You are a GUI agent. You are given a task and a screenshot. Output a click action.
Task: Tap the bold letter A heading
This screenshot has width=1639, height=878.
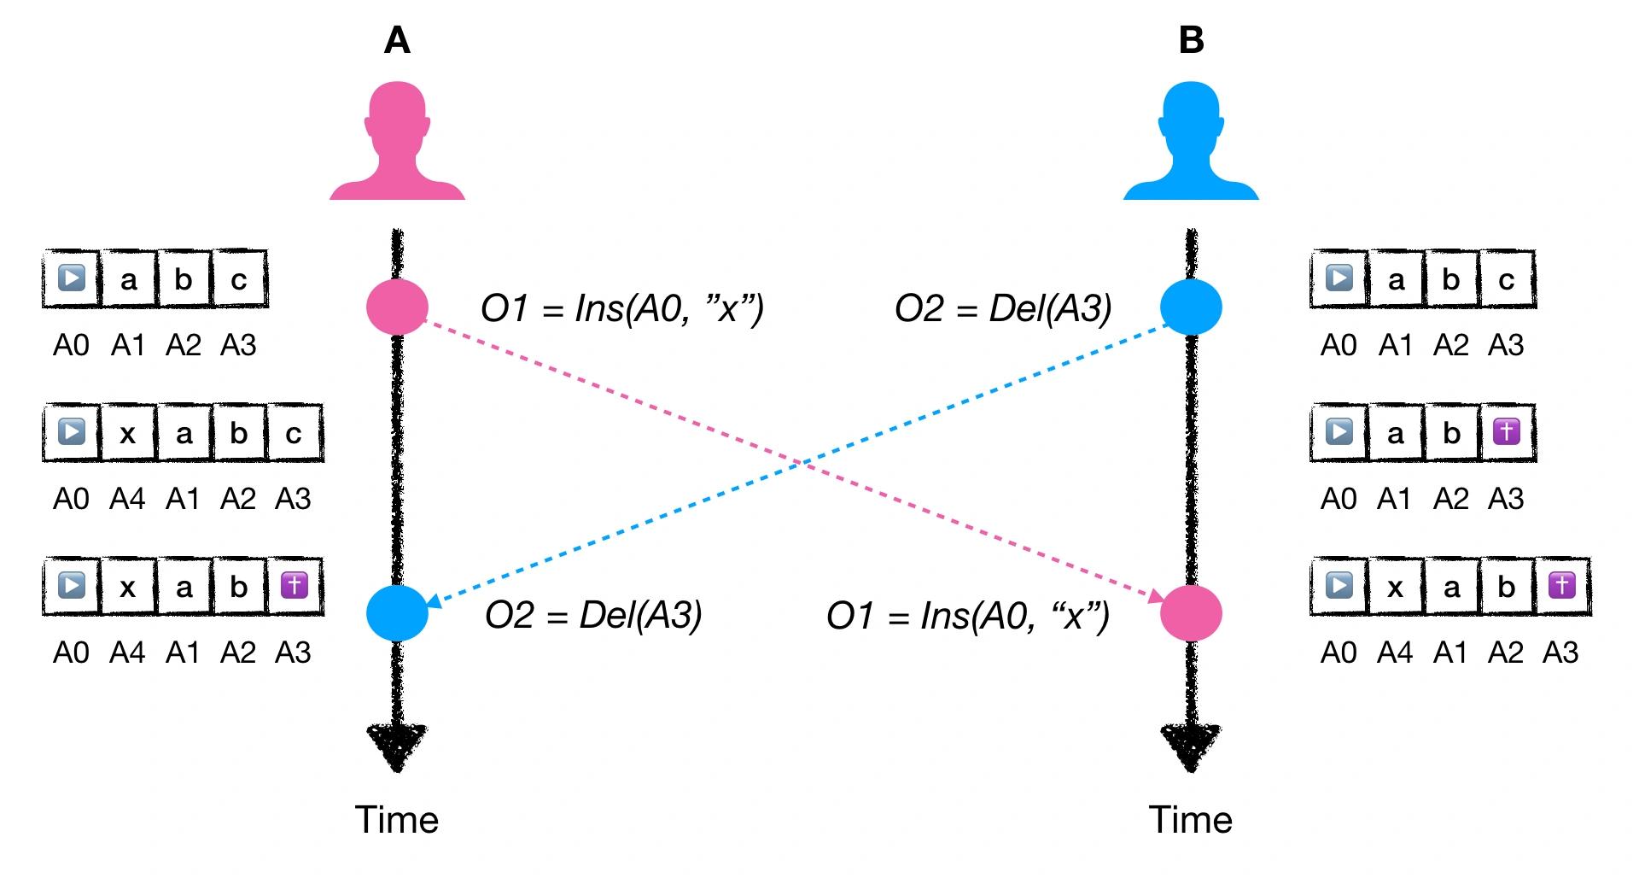tap(397, 40)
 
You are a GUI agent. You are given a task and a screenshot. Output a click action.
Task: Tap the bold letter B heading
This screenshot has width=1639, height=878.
tap(1191, 40)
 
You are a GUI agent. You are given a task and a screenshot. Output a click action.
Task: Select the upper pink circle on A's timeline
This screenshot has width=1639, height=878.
tap(397, 307)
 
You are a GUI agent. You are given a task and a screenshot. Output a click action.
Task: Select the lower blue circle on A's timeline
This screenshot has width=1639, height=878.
tap(397, 613)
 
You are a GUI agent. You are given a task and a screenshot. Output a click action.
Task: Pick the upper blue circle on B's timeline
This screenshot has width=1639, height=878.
tap(1191, 307)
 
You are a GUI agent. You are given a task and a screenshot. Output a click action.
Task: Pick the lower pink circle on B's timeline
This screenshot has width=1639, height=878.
tap(1191, 613)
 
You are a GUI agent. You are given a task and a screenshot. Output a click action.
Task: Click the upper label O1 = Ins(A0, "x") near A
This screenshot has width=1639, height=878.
tap(622, 308)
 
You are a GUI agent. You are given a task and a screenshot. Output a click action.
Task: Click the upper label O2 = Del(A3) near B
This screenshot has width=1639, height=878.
tap(1003, 308)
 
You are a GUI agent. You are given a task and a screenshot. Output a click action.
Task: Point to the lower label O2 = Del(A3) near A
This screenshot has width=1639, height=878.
tap(593, 615)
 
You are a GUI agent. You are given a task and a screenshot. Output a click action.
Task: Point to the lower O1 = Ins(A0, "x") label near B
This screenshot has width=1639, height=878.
tap(968, 615)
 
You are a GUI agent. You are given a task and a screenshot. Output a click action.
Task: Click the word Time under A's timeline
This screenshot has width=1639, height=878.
tap(397, 820)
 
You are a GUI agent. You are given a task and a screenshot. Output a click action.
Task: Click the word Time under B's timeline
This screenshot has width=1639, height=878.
tap(1191, 820)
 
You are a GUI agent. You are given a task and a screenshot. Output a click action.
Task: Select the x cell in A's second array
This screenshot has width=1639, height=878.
tap(127, 433)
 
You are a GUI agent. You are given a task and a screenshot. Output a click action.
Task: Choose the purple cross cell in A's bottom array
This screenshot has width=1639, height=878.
tap(294, 586)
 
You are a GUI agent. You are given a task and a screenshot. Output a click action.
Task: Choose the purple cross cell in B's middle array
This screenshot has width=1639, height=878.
tap(1507, 433)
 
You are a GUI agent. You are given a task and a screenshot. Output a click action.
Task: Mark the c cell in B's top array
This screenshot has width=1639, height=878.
tap(1507, 279)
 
